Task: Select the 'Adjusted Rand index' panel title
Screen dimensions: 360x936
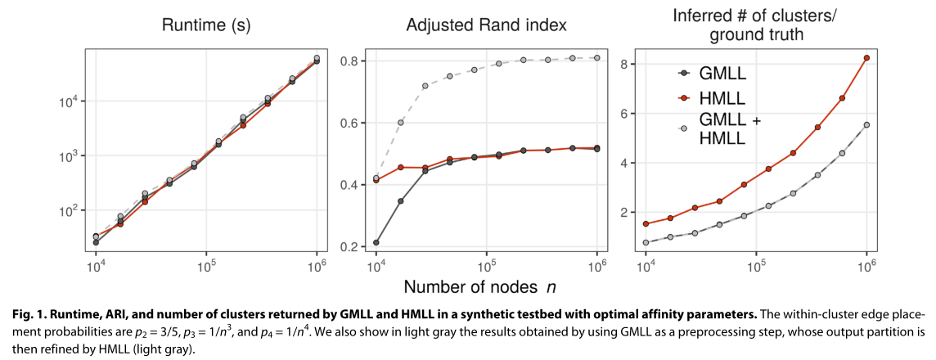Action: coord(487,25)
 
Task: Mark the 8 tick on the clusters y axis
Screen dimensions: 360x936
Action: coord(623,64)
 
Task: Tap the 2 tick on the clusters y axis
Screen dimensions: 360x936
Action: coord(623,212)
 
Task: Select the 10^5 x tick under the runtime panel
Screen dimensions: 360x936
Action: coord(206,266)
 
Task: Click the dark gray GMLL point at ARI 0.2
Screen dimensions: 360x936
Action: coord(376,242)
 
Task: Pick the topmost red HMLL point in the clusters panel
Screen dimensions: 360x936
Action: coord(866,57)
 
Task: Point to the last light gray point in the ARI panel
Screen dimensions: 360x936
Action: coord(597,58)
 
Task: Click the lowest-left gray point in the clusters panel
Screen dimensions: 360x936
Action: coord(646,242)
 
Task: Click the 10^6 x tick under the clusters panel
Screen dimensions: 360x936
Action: coord(866,266)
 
